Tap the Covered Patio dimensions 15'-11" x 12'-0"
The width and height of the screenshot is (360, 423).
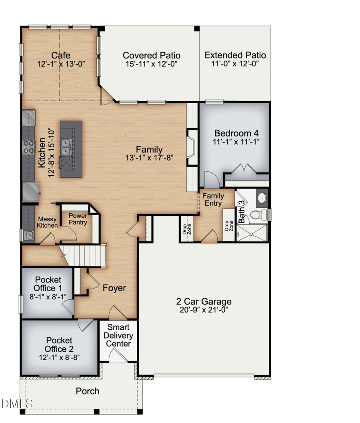[x=151, y=64]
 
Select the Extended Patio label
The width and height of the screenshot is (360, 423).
[x=235, y=55]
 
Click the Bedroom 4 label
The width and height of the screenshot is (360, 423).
[x=233, y=133]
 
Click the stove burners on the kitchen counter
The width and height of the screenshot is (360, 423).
[x=29, y=147]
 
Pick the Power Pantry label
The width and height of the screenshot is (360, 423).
[x=78, y=219]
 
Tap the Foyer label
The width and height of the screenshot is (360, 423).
[x=114, y=288]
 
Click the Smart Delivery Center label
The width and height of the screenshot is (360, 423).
[x=118, y=335]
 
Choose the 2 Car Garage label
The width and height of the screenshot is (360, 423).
[x=204, y=302]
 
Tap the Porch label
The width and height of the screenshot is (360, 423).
[x=88, y=391]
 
